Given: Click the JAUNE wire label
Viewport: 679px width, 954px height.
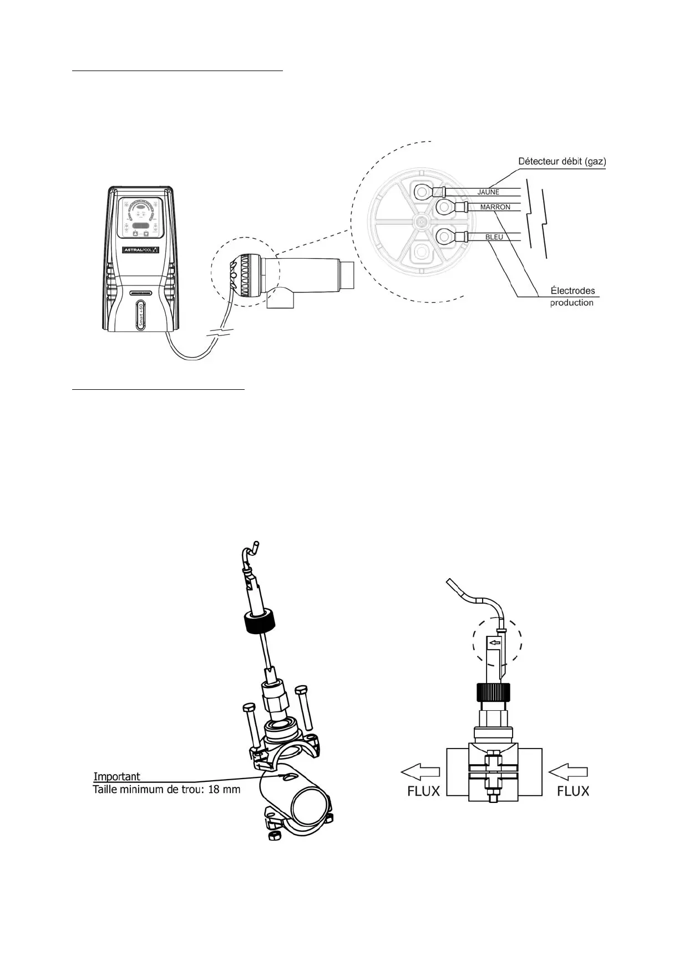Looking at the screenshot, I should tap(488, 192).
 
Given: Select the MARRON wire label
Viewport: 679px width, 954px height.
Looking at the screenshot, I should tap(495, 207).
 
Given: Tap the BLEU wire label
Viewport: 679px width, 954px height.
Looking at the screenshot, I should tap(494, 237).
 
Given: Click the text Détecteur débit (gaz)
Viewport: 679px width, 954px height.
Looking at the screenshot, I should tap(561, 162).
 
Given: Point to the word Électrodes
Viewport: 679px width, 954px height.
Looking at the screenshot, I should tap(572, 290).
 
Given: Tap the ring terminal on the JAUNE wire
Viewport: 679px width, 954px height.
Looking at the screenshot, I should tap(423, 192).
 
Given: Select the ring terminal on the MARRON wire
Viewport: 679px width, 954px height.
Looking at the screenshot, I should tap(445, 208).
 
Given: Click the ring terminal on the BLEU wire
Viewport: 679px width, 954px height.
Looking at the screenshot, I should tap(445, 238).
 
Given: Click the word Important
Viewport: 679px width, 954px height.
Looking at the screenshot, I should tap(116, 776).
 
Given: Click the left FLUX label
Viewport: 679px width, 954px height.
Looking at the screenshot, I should tap(423, 790).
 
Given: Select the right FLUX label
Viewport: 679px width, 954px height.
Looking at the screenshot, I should tap(572, 790).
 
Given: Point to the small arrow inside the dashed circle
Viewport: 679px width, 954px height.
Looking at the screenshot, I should tap(493, 643).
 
